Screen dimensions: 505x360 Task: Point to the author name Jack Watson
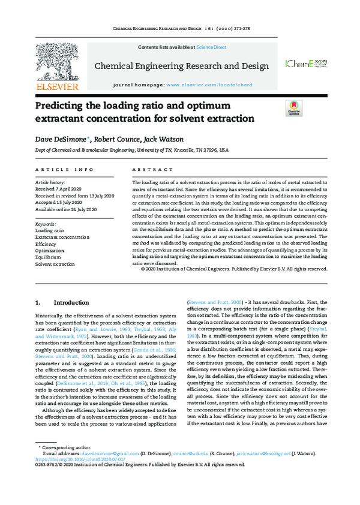click(x=163, y=139)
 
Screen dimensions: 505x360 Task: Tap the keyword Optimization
click(x=49, y=251)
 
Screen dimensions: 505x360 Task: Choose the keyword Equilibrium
click(x=48, y=257)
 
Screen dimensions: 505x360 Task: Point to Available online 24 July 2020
click(x=65, y=209)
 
